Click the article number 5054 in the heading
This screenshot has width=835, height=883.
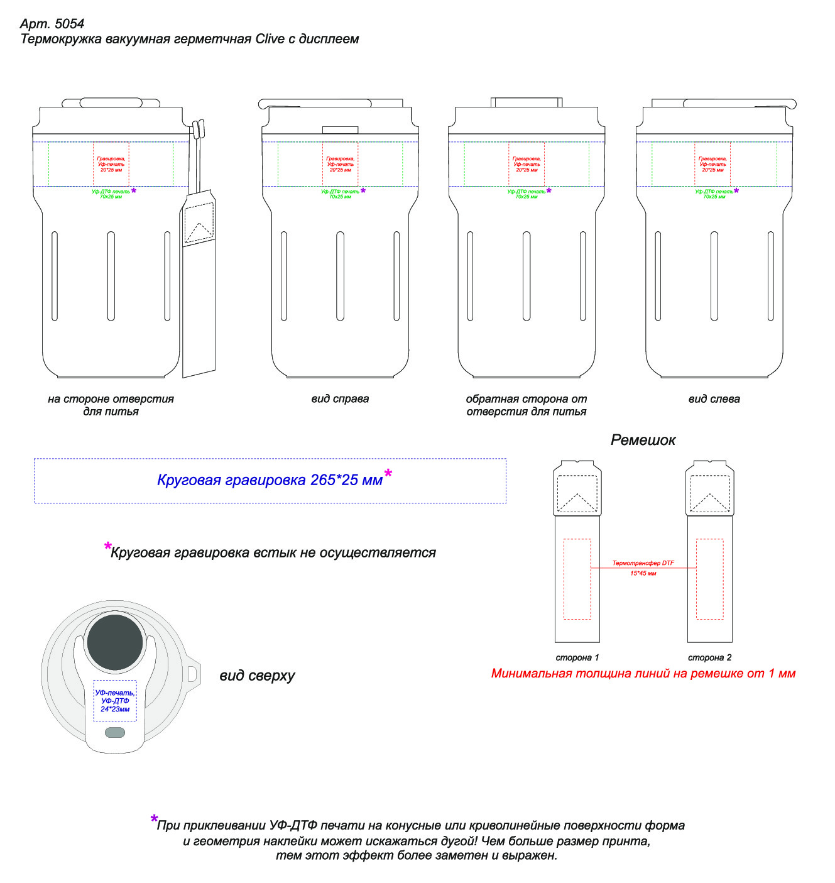coord(69,24)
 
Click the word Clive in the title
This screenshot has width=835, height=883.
coord(270,39)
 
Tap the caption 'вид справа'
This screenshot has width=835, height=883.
coord(340,398)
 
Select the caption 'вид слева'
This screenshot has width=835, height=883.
coord(714,398)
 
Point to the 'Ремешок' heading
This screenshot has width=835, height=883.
coord(643,440)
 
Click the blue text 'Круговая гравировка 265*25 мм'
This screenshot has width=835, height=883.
coord(270,480)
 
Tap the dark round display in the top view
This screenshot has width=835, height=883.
coord(115,642)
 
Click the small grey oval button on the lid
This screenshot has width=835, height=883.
coord(115,732)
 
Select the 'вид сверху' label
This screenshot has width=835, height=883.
coord(257,676)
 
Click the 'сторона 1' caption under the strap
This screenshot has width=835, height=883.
coord(577,657)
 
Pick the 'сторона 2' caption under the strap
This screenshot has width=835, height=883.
coord(709,657)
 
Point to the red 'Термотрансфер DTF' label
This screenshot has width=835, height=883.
coord(643,563)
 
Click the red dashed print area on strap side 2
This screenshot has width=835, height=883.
coord(709,579)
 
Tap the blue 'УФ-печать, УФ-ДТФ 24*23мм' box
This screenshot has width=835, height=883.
coord(115,700)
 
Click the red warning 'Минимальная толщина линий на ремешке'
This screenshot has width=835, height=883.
coord(643,674)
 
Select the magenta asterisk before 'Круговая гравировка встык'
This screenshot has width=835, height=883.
coord(107,547)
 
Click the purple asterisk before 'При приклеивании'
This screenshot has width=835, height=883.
coord(154,820)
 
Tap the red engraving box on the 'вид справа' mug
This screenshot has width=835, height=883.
coord(340,164)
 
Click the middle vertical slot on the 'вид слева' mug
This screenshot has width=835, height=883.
coord(714,277)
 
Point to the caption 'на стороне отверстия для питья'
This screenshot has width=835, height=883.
coord(111,405)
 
